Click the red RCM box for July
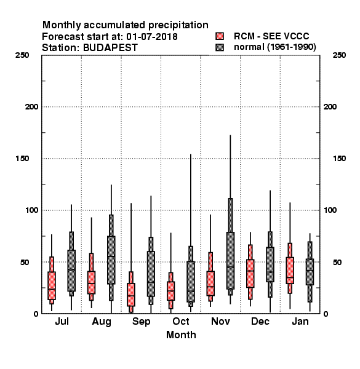(52, 286)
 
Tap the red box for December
(250, 274)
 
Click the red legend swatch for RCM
(220, 36)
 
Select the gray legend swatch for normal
(220, 47)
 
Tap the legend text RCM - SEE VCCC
(271, 36)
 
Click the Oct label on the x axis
(180, 321)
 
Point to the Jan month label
(300, 321)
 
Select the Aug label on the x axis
(102, 322)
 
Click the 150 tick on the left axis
(22, 159)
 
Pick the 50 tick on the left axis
(25, 262)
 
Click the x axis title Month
(181, 335)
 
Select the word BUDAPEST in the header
(110, 47)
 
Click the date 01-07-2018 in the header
(152, 36)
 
